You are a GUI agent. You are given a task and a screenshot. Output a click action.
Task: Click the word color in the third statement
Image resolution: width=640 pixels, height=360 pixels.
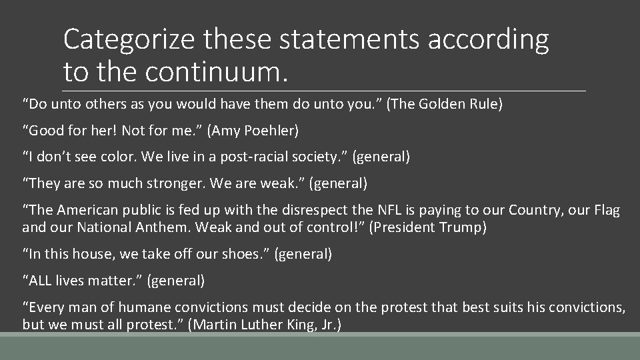(116, 157)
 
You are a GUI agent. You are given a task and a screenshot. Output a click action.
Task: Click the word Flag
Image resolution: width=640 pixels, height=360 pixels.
(605, 211)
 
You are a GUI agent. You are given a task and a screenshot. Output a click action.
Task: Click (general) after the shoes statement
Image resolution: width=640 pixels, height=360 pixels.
(303, 253)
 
